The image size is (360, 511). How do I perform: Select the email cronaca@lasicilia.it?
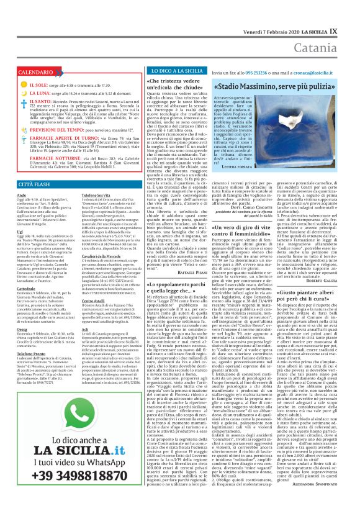coord(312,72)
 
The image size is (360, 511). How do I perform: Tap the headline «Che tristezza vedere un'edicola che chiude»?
coord(176,85)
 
